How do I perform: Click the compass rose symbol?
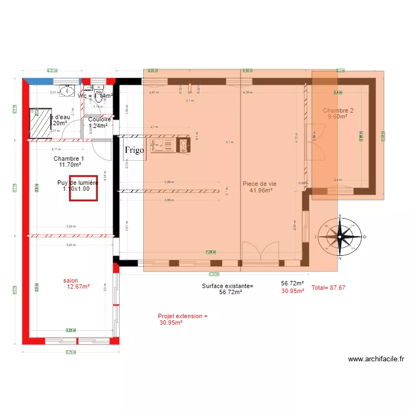(x=340, y=237)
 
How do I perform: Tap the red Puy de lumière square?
(x=83, y=189)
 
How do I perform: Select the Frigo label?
(x=134, y=150)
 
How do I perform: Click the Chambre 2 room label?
(x=338, y=110)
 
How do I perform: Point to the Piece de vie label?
(x=259, y=184)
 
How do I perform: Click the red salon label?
(x=71, y=280)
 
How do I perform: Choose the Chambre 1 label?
(x=69, y=159)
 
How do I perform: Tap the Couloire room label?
(x=99, y=119)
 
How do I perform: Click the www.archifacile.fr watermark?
(x=376, y=359)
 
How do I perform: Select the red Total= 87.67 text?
(x=328, y=288)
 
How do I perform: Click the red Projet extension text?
(x=183, y=316)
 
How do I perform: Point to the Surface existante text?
(x=227, y=286)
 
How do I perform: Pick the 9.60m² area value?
(x=338, y=117)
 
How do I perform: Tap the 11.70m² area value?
(x=71, y=165)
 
